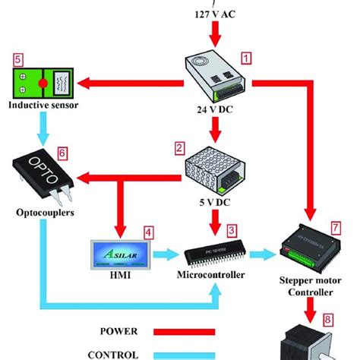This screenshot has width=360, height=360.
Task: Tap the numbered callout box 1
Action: [x=246, y=57]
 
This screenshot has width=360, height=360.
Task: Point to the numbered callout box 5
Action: [x=17, y=57]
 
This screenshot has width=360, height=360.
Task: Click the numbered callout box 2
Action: [x=180, y=147]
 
